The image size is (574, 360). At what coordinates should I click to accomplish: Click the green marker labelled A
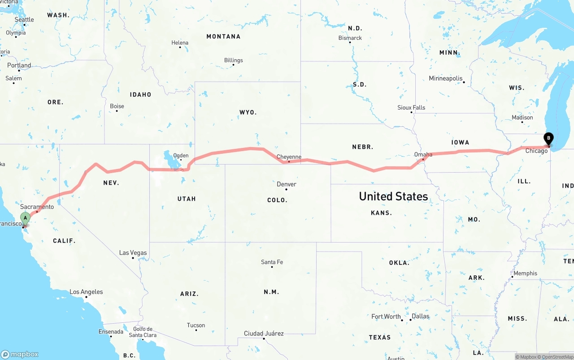[x=25, y=219]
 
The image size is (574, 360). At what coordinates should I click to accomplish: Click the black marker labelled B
[x=548, y=139]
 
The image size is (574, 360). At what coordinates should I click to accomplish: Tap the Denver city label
[x=287, y=184]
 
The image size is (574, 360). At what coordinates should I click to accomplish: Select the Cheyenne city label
[x=289, y=157]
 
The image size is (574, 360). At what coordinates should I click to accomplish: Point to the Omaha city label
[x=423, y=155]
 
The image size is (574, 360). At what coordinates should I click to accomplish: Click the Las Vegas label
[x=133, y=253]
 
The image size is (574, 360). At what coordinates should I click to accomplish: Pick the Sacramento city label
[x=37, y=207]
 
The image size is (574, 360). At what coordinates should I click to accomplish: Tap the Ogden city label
[x=181, y=156]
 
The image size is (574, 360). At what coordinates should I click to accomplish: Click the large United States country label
[x=393, y=196]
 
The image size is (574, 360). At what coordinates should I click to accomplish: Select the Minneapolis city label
[x=446, y=78]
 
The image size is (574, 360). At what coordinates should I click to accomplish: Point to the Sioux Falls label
[x=411, y=108]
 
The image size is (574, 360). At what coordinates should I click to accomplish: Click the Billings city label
[x=234, y=60]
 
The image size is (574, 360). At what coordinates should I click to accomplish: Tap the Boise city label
[x=117, y=106]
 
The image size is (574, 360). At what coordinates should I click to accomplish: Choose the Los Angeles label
[x=86, y=292]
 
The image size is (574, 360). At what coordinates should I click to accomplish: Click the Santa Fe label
[x=272, y=262]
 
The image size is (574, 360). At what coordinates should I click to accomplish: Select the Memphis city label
[x=525, y=273]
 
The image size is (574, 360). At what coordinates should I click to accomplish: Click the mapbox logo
[x=20, y=354]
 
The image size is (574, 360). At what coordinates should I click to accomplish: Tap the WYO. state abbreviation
[x=248, y=113]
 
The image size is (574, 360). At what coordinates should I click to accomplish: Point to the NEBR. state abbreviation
[x=363, y=147]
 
